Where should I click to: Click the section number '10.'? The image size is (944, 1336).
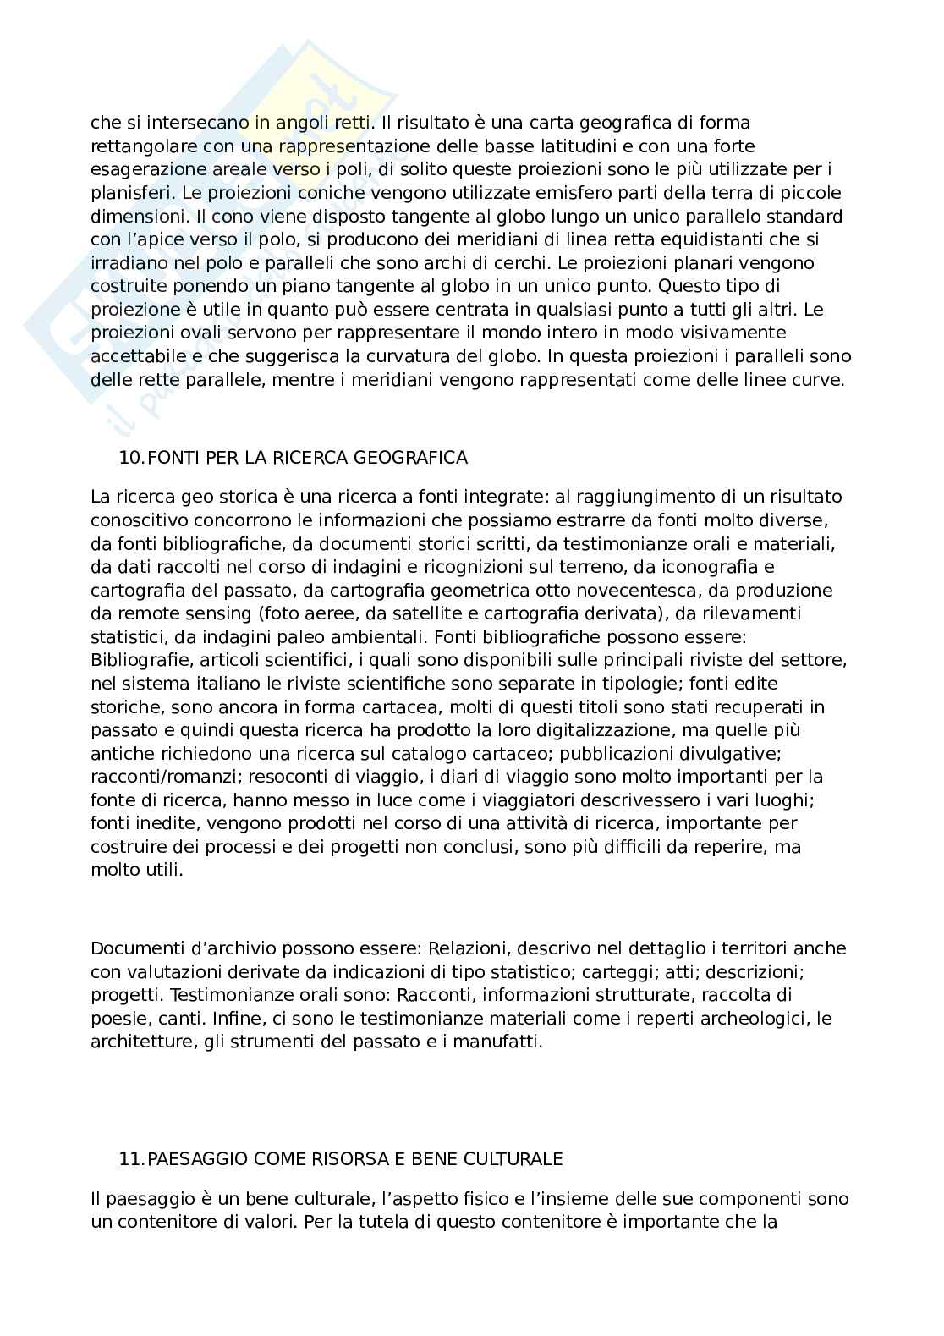tap(132, 458)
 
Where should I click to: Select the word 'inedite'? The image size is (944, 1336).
tap(161, 822)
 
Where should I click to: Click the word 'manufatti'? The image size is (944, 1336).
tap(503, 1042)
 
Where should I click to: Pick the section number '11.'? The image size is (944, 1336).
tap(132, 1158)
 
